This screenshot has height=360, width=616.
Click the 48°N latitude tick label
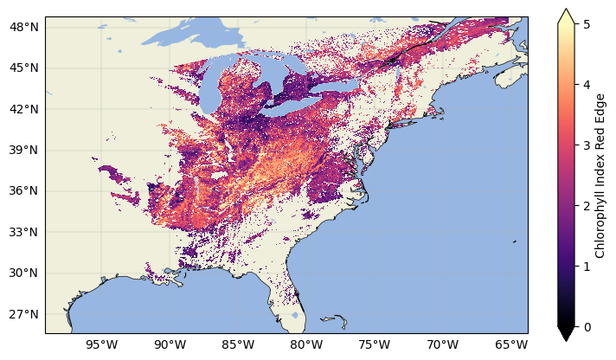(x=24, y=27)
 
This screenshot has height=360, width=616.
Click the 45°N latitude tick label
(x=24, y=67)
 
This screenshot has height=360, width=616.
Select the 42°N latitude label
(x=24, y=109)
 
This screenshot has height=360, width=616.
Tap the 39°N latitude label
(x=24, y=150)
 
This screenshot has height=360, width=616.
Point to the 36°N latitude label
(x=24, y=190)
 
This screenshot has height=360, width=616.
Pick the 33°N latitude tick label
(x=24, y=232)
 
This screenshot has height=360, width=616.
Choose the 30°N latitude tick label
(x=24, y=273)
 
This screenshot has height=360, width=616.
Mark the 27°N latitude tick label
(x=24, y=313)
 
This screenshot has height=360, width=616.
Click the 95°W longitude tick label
(x=102, y=345)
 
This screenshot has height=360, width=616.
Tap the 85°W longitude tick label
(x=238, y=345)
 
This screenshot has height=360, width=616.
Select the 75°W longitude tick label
(x=375, y=345)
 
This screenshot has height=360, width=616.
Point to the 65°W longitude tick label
(x=511, y=345)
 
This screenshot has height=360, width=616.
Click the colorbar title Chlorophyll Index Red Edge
(x=600, y=175)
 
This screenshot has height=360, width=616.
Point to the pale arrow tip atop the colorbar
(x=566, y=14)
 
